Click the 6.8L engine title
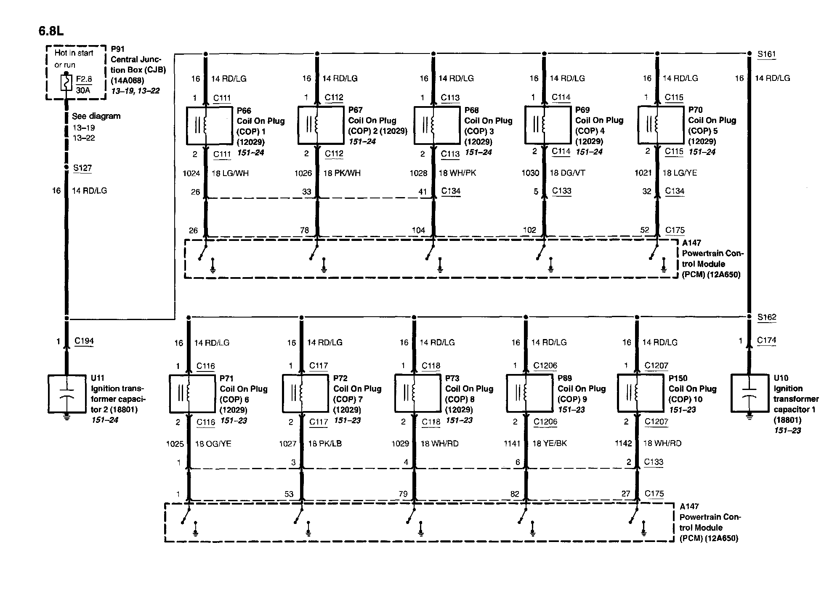(x=51, y=31)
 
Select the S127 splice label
(x=82, y=168)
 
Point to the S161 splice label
(x=766, y=54)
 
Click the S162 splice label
(x=766, y=317)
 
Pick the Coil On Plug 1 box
(x=209, y=125)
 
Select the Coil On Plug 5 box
(x=661, y=125)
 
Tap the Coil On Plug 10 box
(x=640, y=393)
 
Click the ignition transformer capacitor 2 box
(x=66, y=393)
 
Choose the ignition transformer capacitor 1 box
(x=749, y=393)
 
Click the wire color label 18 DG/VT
(x=567, y=173)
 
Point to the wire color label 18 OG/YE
(x=213, y=443)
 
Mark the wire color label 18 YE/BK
(x=550, y=443)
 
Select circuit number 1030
(x=530, y=173)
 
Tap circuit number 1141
(x=512, y=443)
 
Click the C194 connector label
(x=84, y=341)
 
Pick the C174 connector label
(x=766, y=340)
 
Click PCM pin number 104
(x=418, y=230)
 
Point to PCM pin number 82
(x=515, y=494)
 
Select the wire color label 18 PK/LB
(x=325, y=443)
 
